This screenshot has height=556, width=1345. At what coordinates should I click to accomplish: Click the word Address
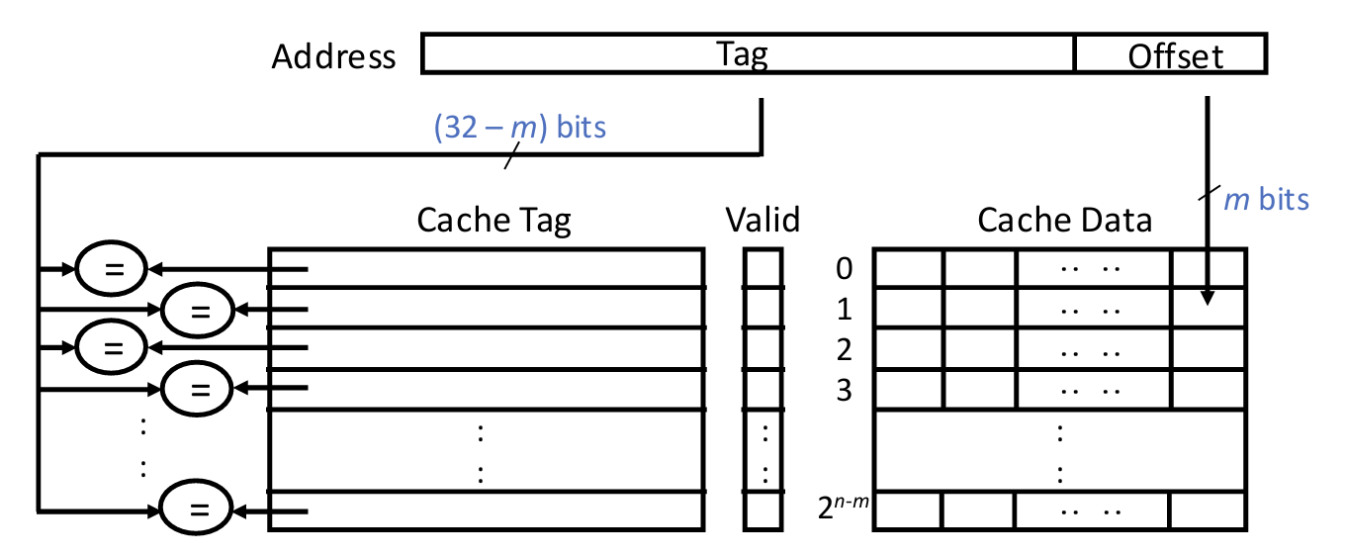click(333, 56)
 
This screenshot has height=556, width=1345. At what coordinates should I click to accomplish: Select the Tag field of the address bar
click(748, 54)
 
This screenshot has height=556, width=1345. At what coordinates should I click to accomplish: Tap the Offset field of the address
click(1175, 55)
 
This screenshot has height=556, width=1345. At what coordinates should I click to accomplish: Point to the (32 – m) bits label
click(519, 128)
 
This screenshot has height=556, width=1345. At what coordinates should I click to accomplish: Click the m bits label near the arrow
click(1266, 199)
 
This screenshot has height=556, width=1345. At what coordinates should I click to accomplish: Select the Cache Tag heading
click(493, 220)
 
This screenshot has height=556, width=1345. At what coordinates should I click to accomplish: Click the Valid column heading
click(762, 220)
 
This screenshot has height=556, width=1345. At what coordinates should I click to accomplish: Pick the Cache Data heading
click(1064, 220)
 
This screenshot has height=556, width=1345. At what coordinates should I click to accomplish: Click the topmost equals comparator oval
click(112, 268)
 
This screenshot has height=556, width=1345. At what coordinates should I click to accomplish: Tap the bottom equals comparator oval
click(199, 510)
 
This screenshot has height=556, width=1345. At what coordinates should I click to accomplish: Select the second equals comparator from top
click(199, 309)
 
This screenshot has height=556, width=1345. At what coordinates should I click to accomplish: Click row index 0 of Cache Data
click(843, 269)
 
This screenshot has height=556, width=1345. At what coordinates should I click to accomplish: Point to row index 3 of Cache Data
click(843, 391)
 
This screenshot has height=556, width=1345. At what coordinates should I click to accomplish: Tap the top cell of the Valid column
click(763, 268)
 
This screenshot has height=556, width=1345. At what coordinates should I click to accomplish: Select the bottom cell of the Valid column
click(763, 510)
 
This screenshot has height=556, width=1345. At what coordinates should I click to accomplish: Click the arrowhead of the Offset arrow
click(1207, 298)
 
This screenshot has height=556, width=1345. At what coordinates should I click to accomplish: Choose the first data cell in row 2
click(908, 349)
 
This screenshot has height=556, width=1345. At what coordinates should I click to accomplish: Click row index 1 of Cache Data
click(843, 310)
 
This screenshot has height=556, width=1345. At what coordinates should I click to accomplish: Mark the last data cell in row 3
click(1208, 389)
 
